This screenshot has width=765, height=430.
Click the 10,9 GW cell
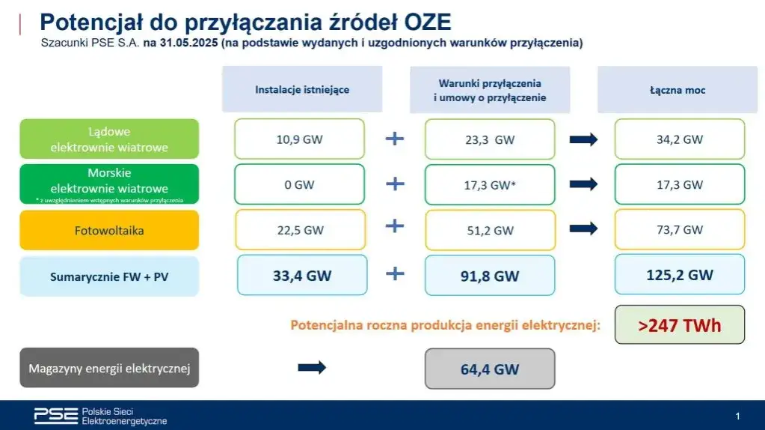(299, 139)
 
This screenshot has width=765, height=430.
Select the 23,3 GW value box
(490, 139)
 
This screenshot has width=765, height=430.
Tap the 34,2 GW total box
(680, 139)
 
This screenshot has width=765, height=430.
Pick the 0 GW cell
(299, 184)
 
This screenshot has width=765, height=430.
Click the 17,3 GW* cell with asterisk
(490, 184)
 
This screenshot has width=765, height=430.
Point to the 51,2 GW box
(490, 230)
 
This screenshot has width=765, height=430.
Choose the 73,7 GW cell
(680, 230)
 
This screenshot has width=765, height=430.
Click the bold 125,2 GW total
(680, 274)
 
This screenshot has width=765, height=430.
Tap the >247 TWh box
(680, 324)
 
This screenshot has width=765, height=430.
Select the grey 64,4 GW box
(490, 369)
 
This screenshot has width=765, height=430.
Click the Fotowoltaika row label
(109, 230)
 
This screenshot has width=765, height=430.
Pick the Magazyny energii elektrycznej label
(109, 368)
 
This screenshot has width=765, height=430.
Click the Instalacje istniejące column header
(302, 89)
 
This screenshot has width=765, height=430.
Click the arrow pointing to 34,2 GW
(584, 139)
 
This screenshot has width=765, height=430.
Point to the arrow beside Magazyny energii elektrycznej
(313, 367)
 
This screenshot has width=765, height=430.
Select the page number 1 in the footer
(737, 416)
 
